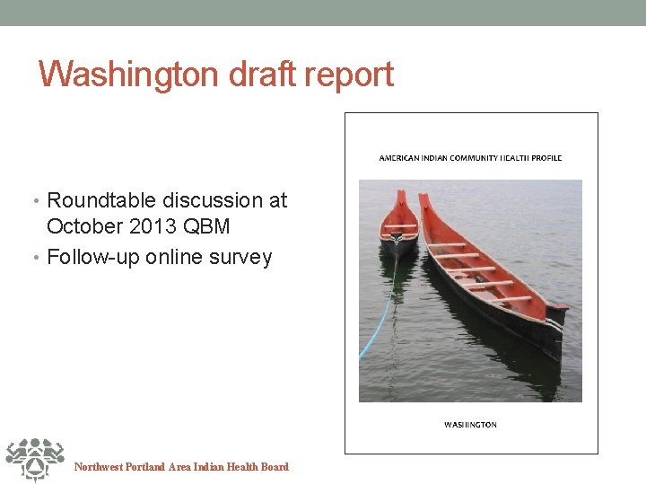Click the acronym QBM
tap(206, 226)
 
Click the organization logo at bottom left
tap(33, 459)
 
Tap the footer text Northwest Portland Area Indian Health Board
tap(181, 467)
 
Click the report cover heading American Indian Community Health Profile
tap(470, 158)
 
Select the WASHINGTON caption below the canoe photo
tap(470, 425)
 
